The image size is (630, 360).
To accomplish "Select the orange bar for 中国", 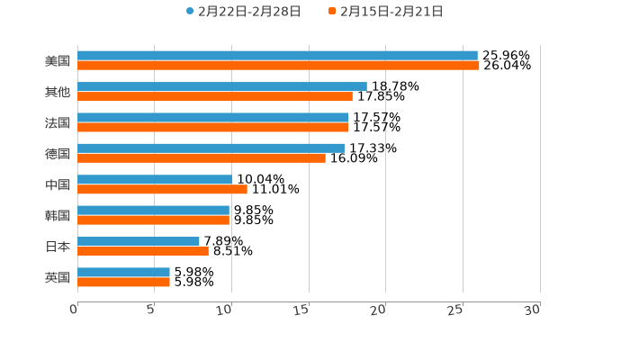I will (162, 189).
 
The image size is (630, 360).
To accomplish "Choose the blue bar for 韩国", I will (153, 210).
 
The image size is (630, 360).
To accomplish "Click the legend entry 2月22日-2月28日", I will (244, 12).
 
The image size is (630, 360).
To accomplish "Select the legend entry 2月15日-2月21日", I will (386, 12).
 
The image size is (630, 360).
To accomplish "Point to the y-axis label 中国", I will (58, 184).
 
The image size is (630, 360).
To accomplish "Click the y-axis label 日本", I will (58, 246).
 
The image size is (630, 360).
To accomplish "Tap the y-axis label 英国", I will (58, 277).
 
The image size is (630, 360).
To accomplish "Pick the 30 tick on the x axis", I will (533, 309).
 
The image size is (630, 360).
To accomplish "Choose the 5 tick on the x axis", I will (151, 310).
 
